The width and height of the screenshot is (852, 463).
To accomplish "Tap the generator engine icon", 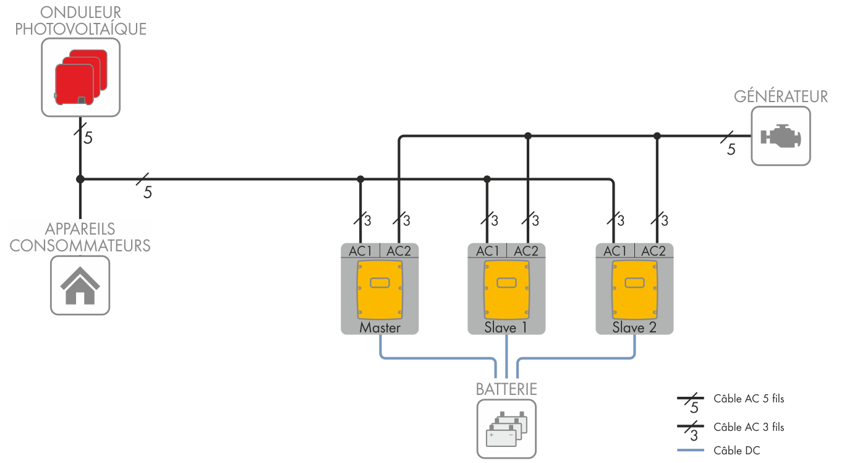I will (x=780, y=136).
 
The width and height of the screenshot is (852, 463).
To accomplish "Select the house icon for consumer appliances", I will (x=80, y=286).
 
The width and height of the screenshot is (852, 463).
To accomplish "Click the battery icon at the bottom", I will (x=506, y=428).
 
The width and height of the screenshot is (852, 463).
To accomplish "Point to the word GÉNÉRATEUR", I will (x=781, y=97).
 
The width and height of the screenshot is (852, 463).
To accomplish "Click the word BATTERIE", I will (x=506, y=389).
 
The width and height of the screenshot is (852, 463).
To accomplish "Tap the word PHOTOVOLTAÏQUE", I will (x=81, y=29).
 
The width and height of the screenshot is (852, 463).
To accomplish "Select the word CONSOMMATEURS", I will (x=80, y=245).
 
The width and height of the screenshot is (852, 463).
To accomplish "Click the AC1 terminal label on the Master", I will (x=360, y=251).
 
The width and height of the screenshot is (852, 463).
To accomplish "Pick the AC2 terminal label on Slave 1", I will (x=526, y=251).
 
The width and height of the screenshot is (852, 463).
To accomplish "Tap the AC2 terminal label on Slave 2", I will (x=654, y=251).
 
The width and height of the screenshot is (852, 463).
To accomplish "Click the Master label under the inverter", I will (x=380, y=328).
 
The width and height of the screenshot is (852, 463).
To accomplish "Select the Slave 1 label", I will (x=506, y=328).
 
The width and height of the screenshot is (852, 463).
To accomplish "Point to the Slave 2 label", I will (x=634, y=328).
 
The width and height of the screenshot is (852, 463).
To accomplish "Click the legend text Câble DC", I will (x=736, y=451).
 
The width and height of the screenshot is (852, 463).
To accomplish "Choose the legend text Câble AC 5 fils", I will (x=748, y=399).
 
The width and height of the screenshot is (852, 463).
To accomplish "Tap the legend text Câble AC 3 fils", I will (x=748, y=427).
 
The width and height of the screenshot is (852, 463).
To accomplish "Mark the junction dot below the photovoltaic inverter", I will (x=80, y=180).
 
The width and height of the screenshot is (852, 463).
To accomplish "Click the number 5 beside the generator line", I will (x=731, y=150).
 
